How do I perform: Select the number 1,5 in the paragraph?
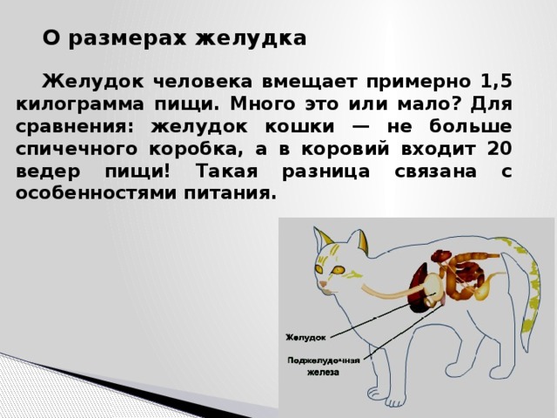(x=493, y=82)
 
